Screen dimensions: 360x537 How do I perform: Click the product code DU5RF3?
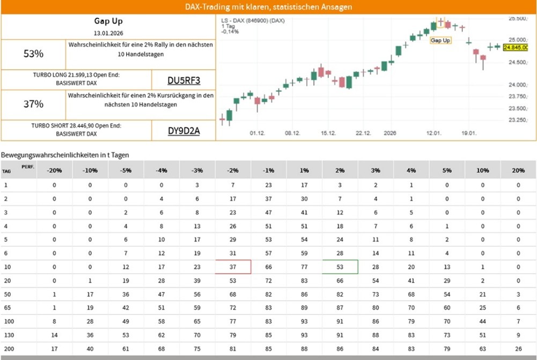point(183,81)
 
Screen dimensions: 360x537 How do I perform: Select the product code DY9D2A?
point(183,131)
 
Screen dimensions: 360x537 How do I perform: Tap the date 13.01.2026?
point(108,33)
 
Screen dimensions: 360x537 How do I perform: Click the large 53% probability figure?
point(33,54)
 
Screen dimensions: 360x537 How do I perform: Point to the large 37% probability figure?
point(33,104)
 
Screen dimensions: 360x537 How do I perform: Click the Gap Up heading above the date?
point(108,21)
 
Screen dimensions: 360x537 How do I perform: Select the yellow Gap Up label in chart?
point(440,40)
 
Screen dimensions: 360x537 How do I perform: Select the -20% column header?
point(54,171)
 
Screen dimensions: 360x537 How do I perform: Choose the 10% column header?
point(482,171)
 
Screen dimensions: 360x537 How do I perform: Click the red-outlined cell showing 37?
point(233,267)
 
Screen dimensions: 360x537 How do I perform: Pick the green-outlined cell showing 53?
point(340,267)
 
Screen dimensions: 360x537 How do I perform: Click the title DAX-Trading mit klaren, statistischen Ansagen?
point(268,7)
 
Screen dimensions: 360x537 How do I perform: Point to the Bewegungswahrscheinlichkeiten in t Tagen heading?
point(65,155)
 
